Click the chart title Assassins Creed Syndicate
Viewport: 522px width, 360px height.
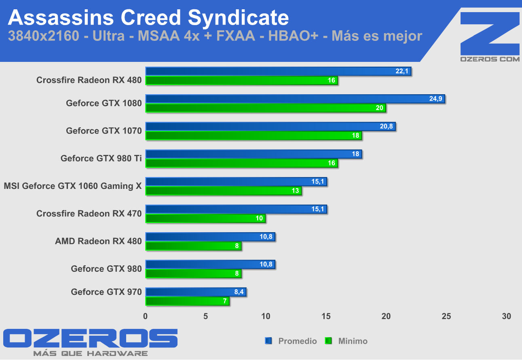(148, 18)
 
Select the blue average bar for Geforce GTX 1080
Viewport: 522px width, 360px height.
(295, 99)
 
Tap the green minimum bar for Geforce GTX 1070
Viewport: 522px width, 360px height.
(254, 136)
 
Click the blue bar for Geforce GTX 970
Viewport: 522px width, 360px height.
(196, 292)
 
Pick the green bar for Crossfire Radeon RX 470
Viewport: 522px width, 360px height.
(205, 218)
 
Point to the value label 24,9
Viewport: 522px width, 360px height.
(435, 99)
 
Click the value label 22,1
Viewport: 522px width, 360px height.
(402, 72)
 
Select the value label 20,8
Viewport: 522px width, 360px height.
(386, 127)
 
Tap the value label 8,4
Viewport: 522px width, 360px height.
(239, 292)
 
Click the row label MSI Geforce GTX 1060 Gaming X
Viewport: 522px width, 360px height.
(73, 186)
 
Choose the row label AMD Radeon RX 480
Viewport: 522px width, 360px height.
(98, 241)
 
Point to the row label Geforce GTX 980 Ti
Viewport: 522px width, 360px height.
(101, 159)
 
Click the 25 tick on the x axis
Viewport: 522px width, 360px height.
(446, 316)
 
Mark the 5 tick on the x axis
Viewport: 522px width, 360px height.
(206, 316)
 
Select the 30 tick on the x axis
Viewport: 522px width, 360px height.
(506, 316)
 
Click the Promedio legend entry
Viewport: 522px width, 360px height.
(297, 341)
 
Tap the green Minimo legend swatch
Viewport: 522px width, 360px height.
(328, 341)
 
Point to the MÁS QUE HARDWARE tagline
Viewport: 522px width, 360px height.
(90, 354)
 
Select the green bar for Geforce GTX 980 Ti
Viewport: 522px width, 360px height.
(241, 163)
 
